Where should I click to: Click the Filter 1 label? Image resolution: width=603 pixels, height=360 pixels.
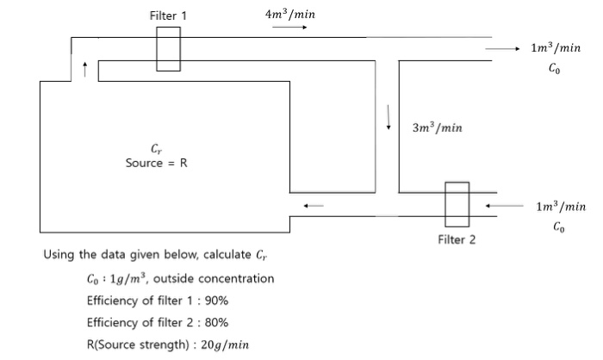(x=167, y=16)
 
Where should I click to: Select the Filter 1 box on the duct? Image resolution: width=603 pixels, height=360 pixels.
(x=168, y=49)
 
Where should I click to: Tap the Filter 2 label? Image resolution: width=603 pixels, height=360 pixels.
(x=456, y=239)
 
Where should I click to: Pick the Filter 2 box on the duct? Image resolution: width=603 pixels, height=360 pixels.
(x=457, y=204)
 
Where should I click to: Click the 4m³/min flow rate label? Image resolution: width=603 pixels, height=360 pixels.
(x=290, y=14)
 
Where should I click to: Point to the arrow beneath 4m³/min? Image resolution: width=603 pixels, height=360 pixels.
(x=289, y=27)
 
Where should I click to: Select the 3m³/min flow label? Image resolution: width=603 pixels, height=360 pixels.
(x=438, y=127)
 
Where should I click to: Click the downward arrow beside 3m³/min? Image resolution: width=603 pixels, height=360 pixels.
(x=389, y=115)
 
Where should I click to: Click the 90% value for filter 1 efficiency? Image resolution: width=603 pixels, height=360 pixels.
(x=215, y=301)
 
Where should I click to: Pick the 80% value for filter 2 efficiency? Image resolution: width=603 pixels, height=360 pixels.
(x=215, y=322)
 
